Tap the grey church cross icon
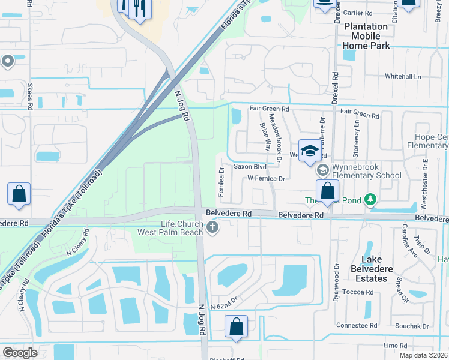212,228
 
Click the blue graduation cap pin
310,151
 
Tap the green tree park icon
371,199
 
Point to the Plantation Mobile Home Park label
366,35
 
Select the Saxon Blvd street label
249,166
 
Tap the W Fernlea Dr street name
265,178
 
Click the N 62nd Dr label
224,298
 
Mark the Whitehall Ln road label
403,76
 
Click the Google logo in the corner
20,352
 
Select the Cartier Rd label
360,12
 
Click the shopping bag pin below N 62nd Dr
237,327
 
